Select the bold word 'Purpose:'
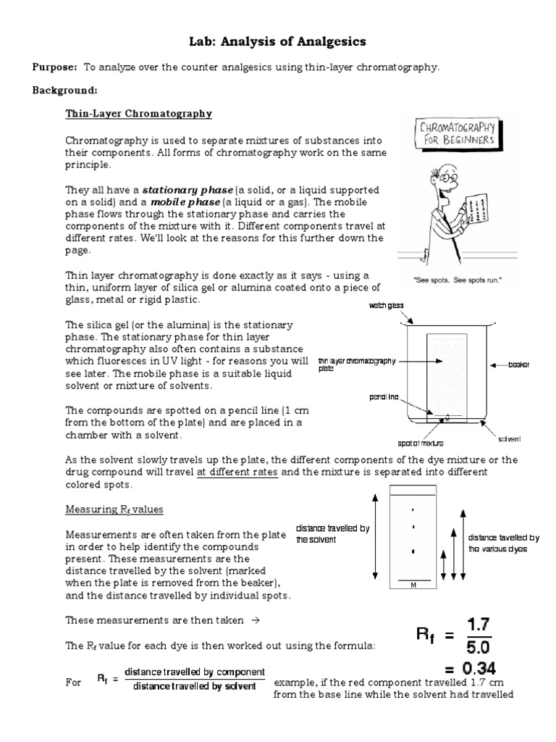click(54, 67)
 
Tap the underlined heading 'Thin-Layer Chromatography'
click(138, 114)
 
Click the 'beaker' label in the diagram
click(518, 364)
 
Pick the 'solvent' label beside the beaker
click(510, 439)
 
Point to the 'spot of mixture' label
click(420, 442)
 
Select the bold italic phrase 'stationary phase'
click(182, 189)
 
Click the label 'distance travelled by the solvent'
click(332, 534)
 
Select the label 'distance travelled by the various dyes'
click(504, 543)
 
